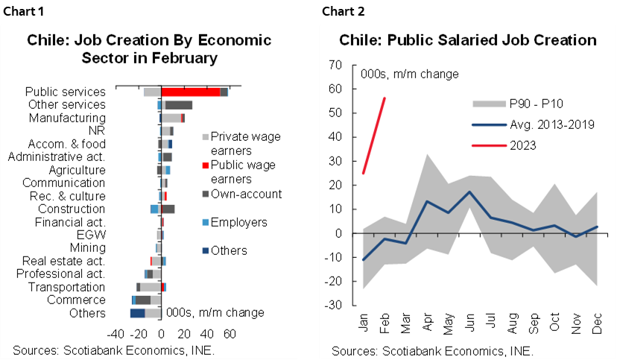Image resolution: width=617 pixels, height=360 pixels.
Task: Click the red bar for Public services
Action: [190, 92]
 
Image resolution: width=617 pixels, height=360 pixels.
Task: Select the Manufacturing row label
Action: [67, 118]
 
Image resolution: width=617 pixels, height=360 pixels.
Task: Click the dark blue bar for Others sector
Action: [137, 313]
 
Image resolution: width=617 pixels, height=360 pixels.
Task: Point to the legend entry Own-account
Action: [246, 194]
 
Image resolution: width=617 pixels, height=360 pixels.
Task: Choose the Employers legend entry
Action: [238, 222]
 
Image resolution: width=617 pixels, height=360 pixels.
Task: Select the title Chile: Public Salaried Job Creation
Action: [468, 40]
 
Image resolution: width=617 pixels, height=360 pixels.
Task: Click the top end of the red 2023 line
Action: [385, 98]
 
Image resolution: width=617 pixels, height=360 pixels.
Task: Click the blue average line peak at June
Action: [469, 192]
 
